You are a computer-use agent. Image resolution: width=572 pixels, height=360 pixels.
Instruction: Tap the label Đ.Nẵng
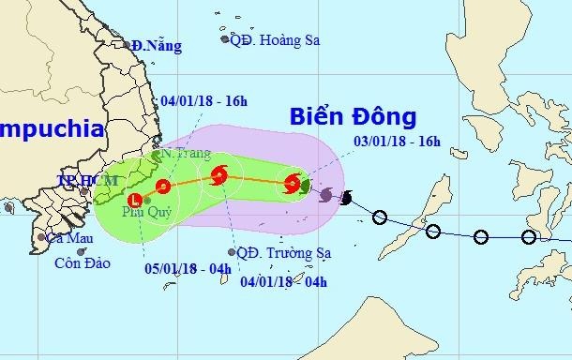154,44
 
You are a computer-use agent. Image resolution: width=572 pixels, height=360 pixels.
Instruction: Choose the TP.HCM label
78,179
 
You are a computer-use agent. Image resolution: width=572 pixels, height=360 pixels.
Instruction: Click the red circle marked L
137,199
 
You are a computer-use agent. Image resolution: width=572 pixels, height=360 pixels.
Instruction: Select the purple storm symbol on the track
326,195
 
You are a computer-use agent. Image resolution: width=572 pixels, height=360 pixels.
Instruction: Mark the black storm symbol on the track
347,199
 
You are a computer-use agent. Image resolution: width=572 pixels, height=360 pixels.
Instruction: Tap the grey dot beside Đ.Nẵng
128,43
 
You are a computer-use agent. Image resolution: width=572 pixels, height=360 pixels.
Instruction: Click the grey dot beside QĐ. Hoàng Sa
225,38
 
